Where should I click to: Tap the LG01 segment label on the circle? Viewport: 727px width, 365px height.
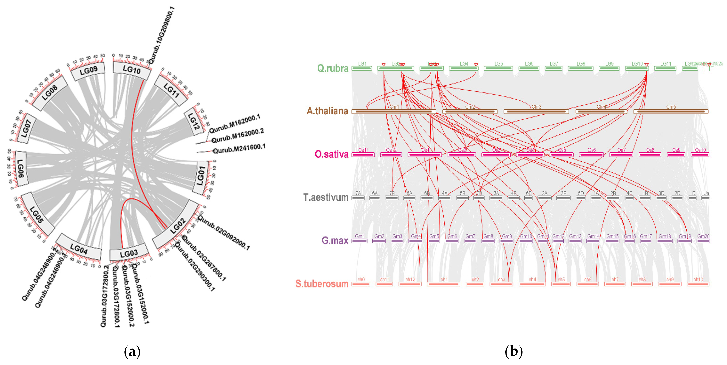201,176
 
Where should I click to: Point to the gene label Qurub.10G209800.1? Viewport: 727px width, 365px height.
161,35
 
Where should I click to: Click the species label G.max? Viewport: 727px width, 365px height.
335,240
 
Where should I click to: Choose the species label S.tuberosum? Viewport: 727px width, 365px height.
322,284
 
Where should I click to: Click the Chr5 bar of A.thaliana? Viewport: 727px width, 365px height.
671,111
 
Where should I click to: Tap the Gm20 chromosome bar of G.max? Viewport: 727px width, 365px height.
703,241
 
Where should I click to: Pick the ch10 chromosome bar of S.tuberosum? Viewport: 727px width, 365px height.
698,284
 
